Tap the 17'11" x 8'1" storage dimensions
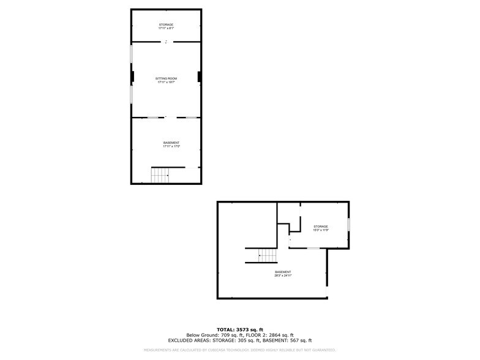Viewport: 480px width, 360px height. pos(166,28)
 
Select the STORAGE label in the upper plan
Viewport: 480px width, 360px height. pos(166,24)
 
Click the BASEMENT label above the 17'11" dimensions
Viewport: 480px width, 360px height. pos(171,143)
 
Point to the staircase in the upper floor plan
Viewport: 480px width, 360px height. pos(160,175)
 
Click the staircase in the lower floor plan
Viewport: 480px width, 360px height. pos(261,255)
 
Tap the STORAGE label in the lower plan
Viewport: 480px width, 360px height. pos(321,227)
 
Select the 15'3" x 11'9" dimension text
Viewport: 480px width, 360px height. pos(321,230)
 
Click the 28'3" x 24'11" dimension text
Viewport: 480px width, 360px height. pos(283,276)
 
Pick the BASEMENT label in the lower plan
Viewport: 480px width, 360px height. pos(283,272)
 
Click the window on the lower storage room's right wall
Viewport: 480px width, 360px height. pos(348,225)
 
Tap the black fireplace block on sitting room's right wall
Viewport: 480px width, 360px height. pos(199,77)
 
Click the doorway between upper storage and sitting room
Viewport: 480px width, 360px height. pos(166,42)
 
